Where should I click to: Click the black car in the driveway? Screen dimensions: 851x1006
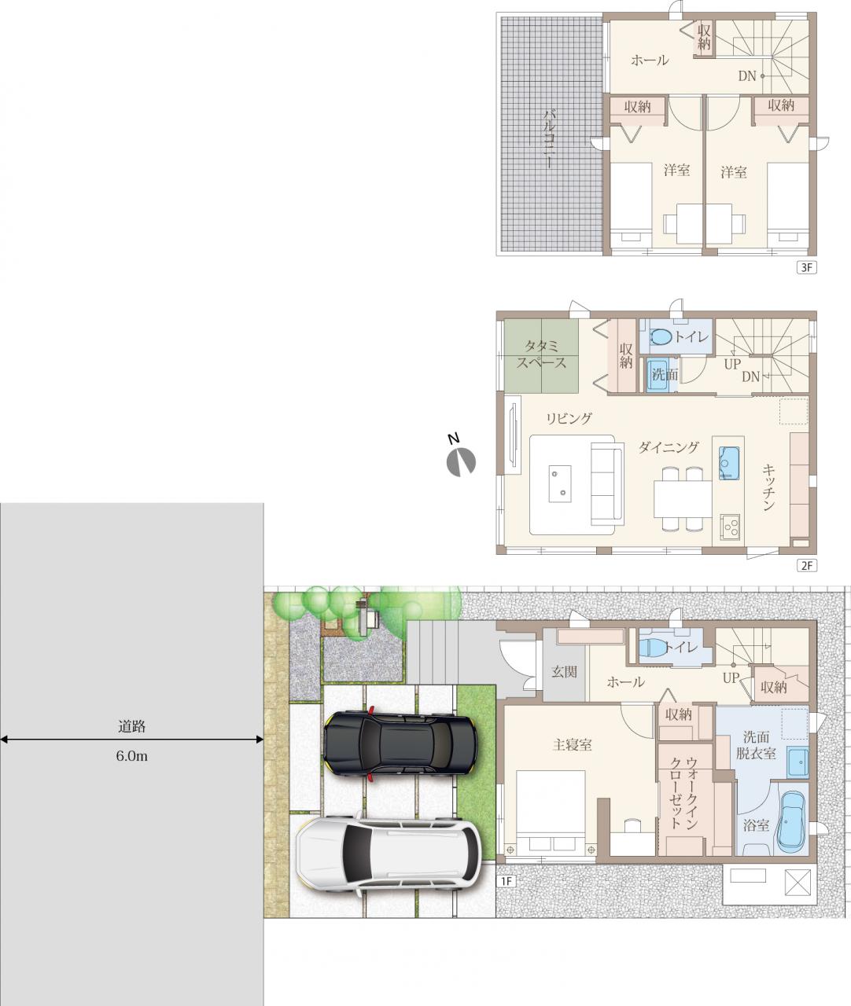pyautogui.click(x=400, y=743)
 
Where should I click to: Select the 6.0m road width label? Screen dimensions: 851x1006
pyautogui.click(x=132, y=756)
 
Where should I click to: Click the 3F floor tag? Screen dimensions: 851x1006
pyautogui.click(x=806, y=268)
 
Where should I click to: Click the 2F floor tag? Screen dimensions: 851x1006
pyautogui.click(x=806, y=566)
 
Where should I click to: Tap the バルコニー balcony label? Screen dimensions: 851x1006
pyautogui.click(x=551, y=138)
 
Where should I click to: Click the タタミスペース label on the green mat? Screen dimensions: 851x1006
pyautogui.click(x=541, y=354)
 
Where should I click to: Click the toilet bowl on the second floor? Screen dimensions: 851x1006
pyautogui.click(x=661, y=337)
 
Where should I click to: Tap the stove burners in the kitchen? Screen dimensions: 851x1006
pyautogui.click(x=729, y=527)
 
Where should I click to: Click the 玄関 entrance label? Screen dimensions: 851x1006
pyautogui.click(x=564, y=672)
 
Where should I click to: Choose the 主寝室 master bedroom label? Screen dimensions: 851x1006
pyautogui.click(x=573, y=744)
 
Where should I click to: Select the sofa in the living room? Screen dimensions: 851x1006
pyautogui.click(x=607, y=483)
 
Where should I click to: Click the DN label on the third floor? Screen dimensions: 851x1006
pyautogui.click(x=747, y=76)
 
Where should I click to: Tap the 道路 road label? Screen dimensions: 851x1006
pyautogui.click(x=132, y=727)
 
